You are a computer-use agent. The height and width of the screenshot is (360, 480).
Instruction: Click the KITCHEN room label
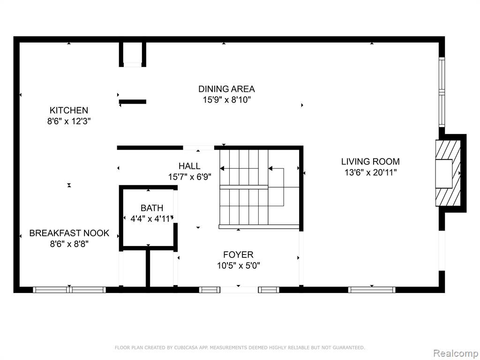69,110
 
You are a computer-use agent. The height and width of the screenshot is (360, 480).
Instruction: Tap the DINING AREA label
226,89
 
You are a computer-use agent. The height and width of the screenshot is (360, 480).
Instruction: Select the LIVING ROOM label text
370,161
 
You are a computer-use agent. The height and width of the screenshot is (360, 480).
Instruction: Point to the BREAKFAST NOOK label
69,233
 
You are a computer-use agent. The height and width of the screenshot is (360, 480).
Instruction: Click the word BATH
152,208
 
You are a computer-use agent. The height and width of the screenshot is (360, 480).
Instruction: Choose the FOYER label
238,255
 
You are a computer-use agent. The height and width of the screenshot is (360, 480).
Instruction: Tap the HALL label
189,166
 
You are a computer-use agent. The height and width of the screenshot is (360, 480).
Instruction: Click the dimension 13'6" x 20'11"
370,172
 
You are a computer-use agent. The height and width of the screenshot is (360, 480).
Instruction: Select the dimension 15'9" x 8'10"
226,100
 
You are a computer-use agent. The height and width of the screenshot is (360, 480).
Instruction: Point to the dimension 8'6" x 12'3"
69,121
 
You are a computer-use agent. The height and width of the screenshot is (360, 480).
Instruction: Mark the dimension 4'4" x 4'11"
152,219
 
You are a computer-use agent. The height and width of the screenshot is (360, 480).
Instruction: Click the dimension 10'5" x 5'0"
239,265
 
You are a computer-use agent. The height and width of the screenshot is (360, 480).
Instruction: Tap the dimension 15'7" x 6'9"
189,177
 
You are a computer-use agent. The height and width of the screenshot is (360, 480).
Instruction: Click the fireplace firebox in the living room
444,173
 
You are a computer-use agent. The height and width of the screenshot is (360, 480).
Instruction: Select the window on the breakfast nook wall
69,290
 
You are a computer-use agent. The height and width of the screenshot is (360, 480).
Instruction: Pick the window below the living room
372,290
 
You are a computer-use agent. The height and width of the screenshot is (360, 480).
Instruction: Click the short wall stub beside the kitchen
133,102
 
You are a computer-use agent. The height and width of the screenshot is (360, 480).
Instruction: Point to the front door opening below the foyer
239,290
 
